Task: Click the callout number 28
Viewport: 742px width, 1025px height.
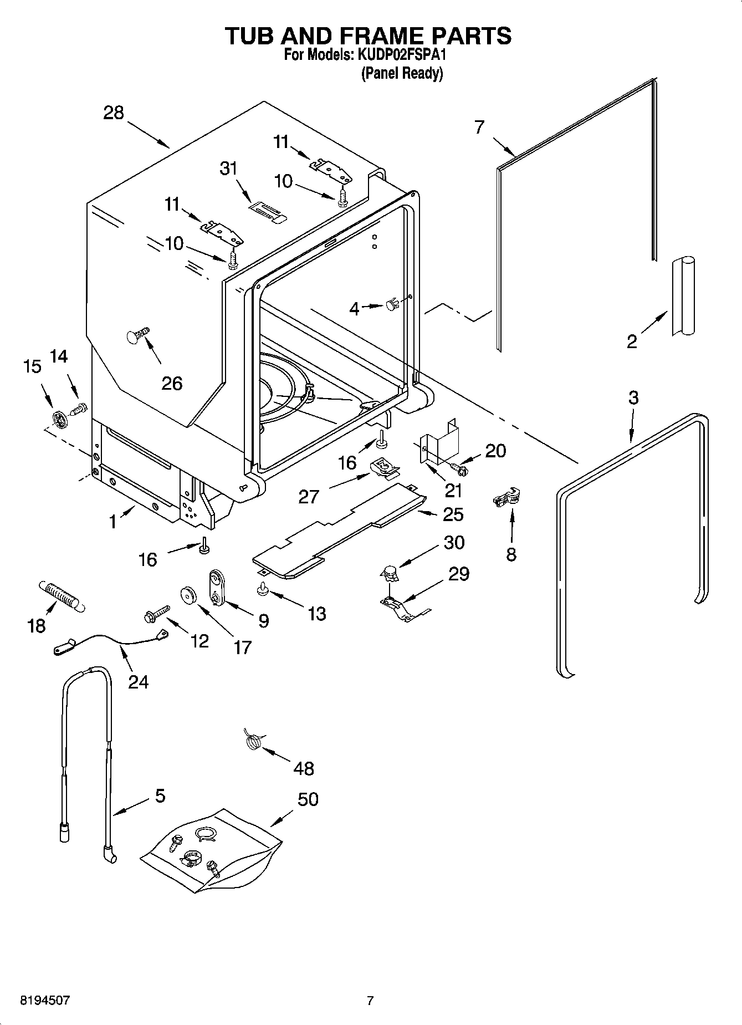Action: [114, 113]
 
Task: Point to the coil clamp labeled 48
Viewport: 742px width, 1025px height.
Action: [253, 741]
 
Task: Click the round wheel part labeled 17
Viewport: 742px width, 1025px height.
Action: [190, 596]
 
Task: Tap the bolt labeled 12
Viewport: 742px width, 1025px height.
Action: [155, 613]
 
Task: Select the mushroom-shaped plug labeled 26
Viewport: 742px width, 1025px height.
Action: [137, 336]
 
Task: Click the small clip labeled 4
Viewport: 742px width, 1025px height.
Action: [393, 304]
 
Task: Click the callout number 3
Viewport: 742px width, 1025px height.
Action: [633, 397]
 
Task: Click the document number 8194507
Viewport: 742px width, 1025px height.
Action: [45, 1001]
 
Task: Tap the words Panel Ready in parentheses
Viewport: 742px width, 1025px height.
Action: [402, 73]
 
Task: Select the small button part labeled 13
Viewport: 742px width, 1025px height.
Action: [263, 590]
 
